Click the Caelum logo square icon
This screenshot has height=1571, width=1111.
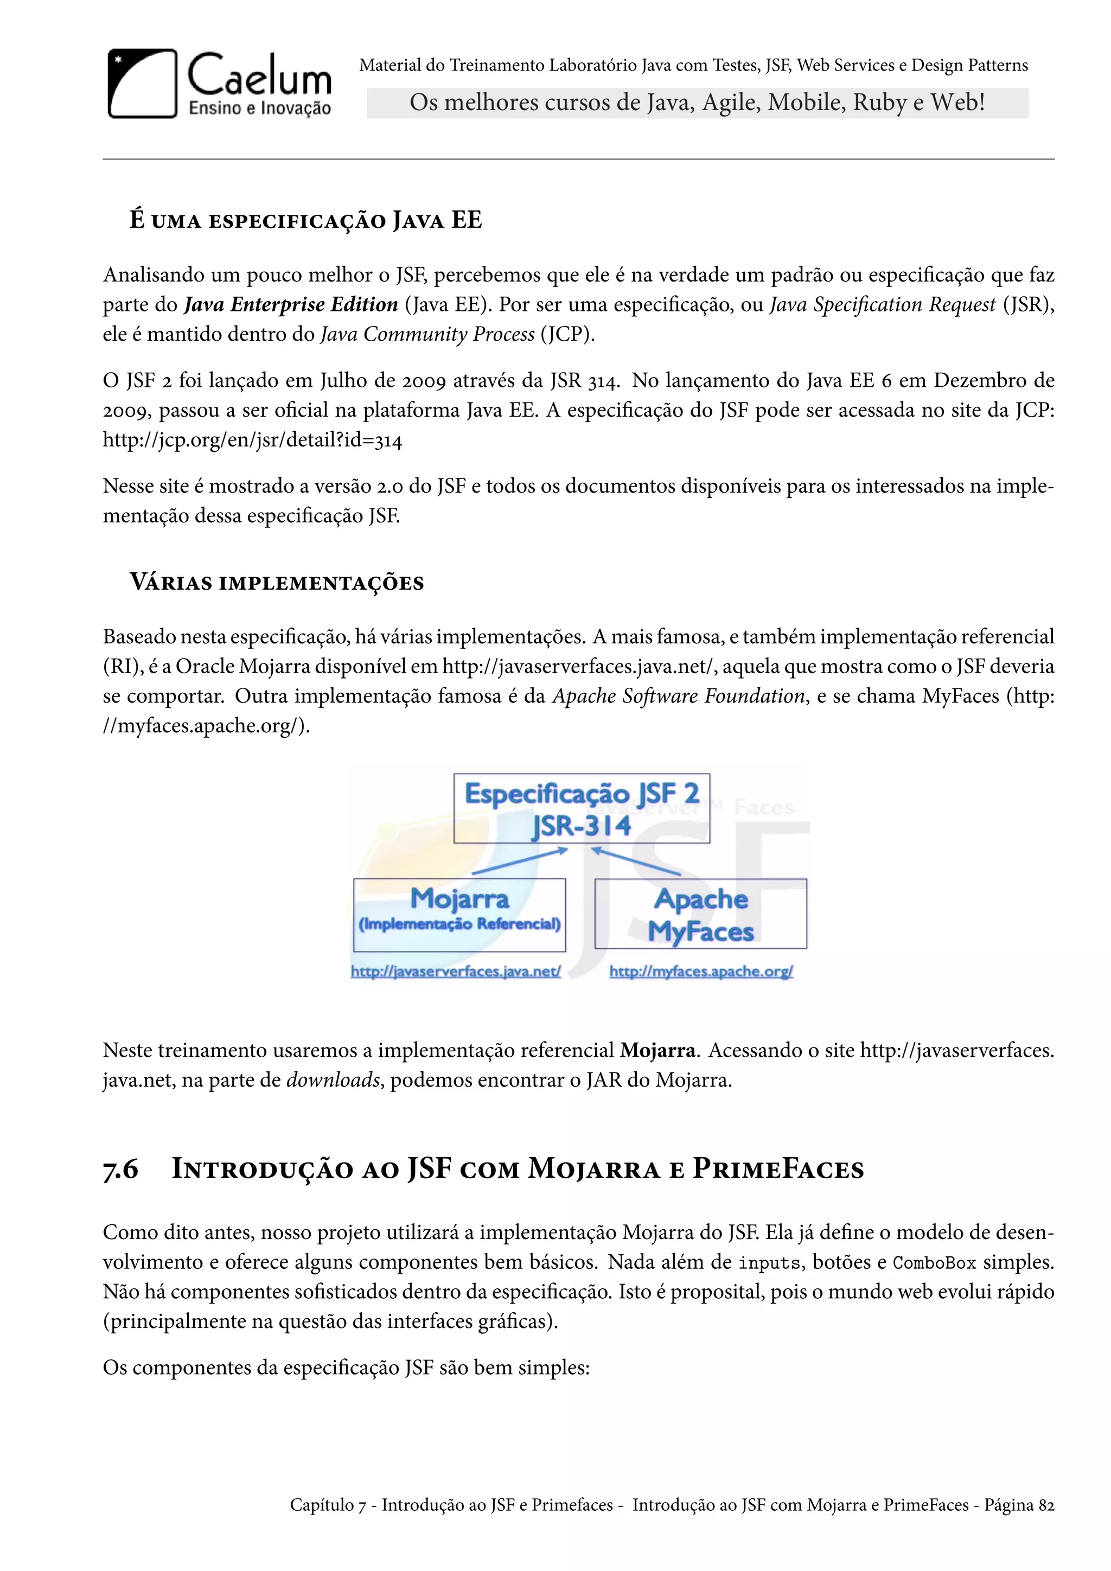142,84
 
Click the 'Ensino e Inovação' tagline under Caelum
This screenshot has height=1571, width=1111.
259,108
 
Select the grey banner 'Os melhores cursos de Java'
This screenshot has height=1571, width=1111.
697,103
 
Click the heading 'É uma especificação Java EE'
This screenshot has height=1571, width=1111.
306,220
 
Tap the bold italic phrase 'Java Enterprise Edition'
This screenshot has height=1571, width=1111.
291,304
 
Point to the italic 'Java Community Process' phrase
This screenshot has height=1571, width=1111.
427,334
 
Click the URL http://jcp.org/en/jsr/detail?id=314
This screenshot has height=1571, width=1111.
252,440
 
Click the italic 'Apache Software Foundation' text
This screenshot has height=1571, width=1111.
679,696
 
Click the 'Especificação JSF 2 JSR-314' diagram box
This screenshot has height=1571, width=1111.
582,809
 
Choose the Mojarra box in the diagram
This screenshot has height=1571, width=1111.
459,914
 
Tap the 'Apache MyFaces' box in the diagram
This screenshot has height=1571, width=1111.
700,914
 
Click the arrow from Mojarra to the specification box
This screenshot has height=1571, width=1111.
520,861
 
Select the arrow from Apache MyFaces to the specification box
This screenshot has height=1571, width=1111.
636,861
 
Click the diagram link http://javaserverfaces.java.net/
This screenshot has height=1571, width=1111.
456,972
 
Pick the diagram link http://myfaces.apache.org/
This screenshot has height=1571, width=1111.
700,972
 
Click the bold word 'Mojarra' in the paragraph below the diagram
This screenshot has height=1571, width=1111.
657,1050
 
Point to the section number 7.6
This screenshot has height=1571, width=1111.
120,1170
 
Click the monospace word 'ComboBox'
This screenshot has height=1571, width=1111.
935,1262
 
